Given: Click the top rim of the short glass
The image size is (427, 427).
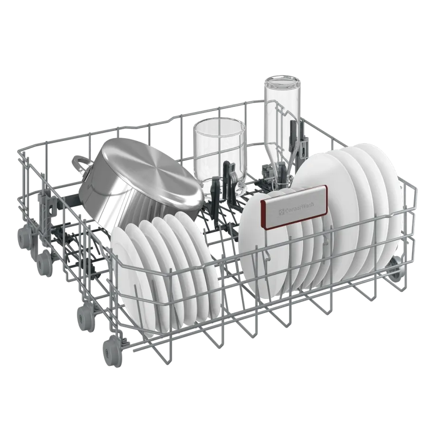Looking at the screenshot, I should point(218,124).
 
